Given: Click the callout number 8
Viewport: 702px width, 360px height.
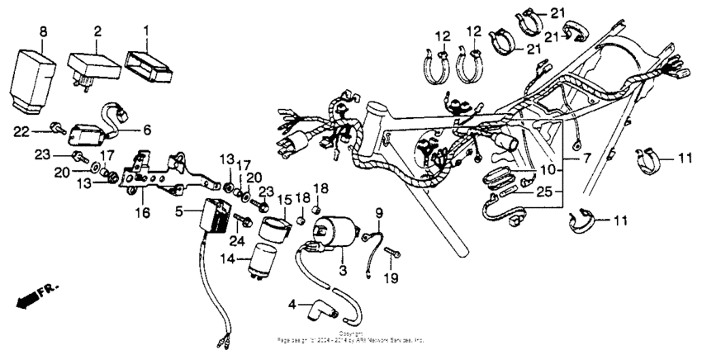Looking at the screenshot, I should coord(43,31).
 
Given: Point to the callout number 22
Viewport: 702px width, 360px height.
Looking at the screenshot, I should coord(21,130).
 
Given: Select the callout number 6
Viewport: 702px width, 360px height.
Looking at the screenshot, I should coord(147,130).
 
